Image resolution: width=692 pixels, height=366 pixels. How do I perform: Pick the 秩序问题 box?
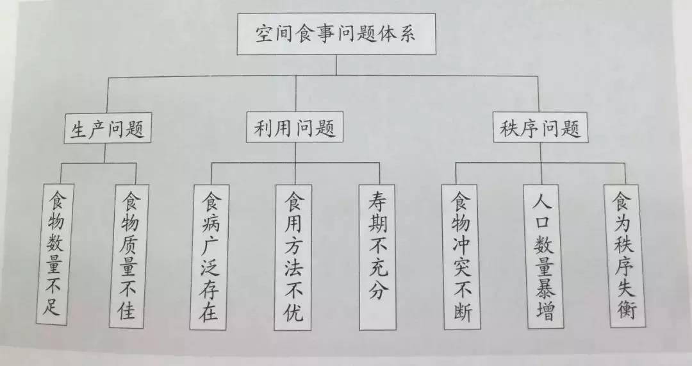(540, 129)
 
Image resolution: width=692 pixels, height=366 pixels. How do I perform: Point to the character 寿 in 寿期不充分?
(378, 201)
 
